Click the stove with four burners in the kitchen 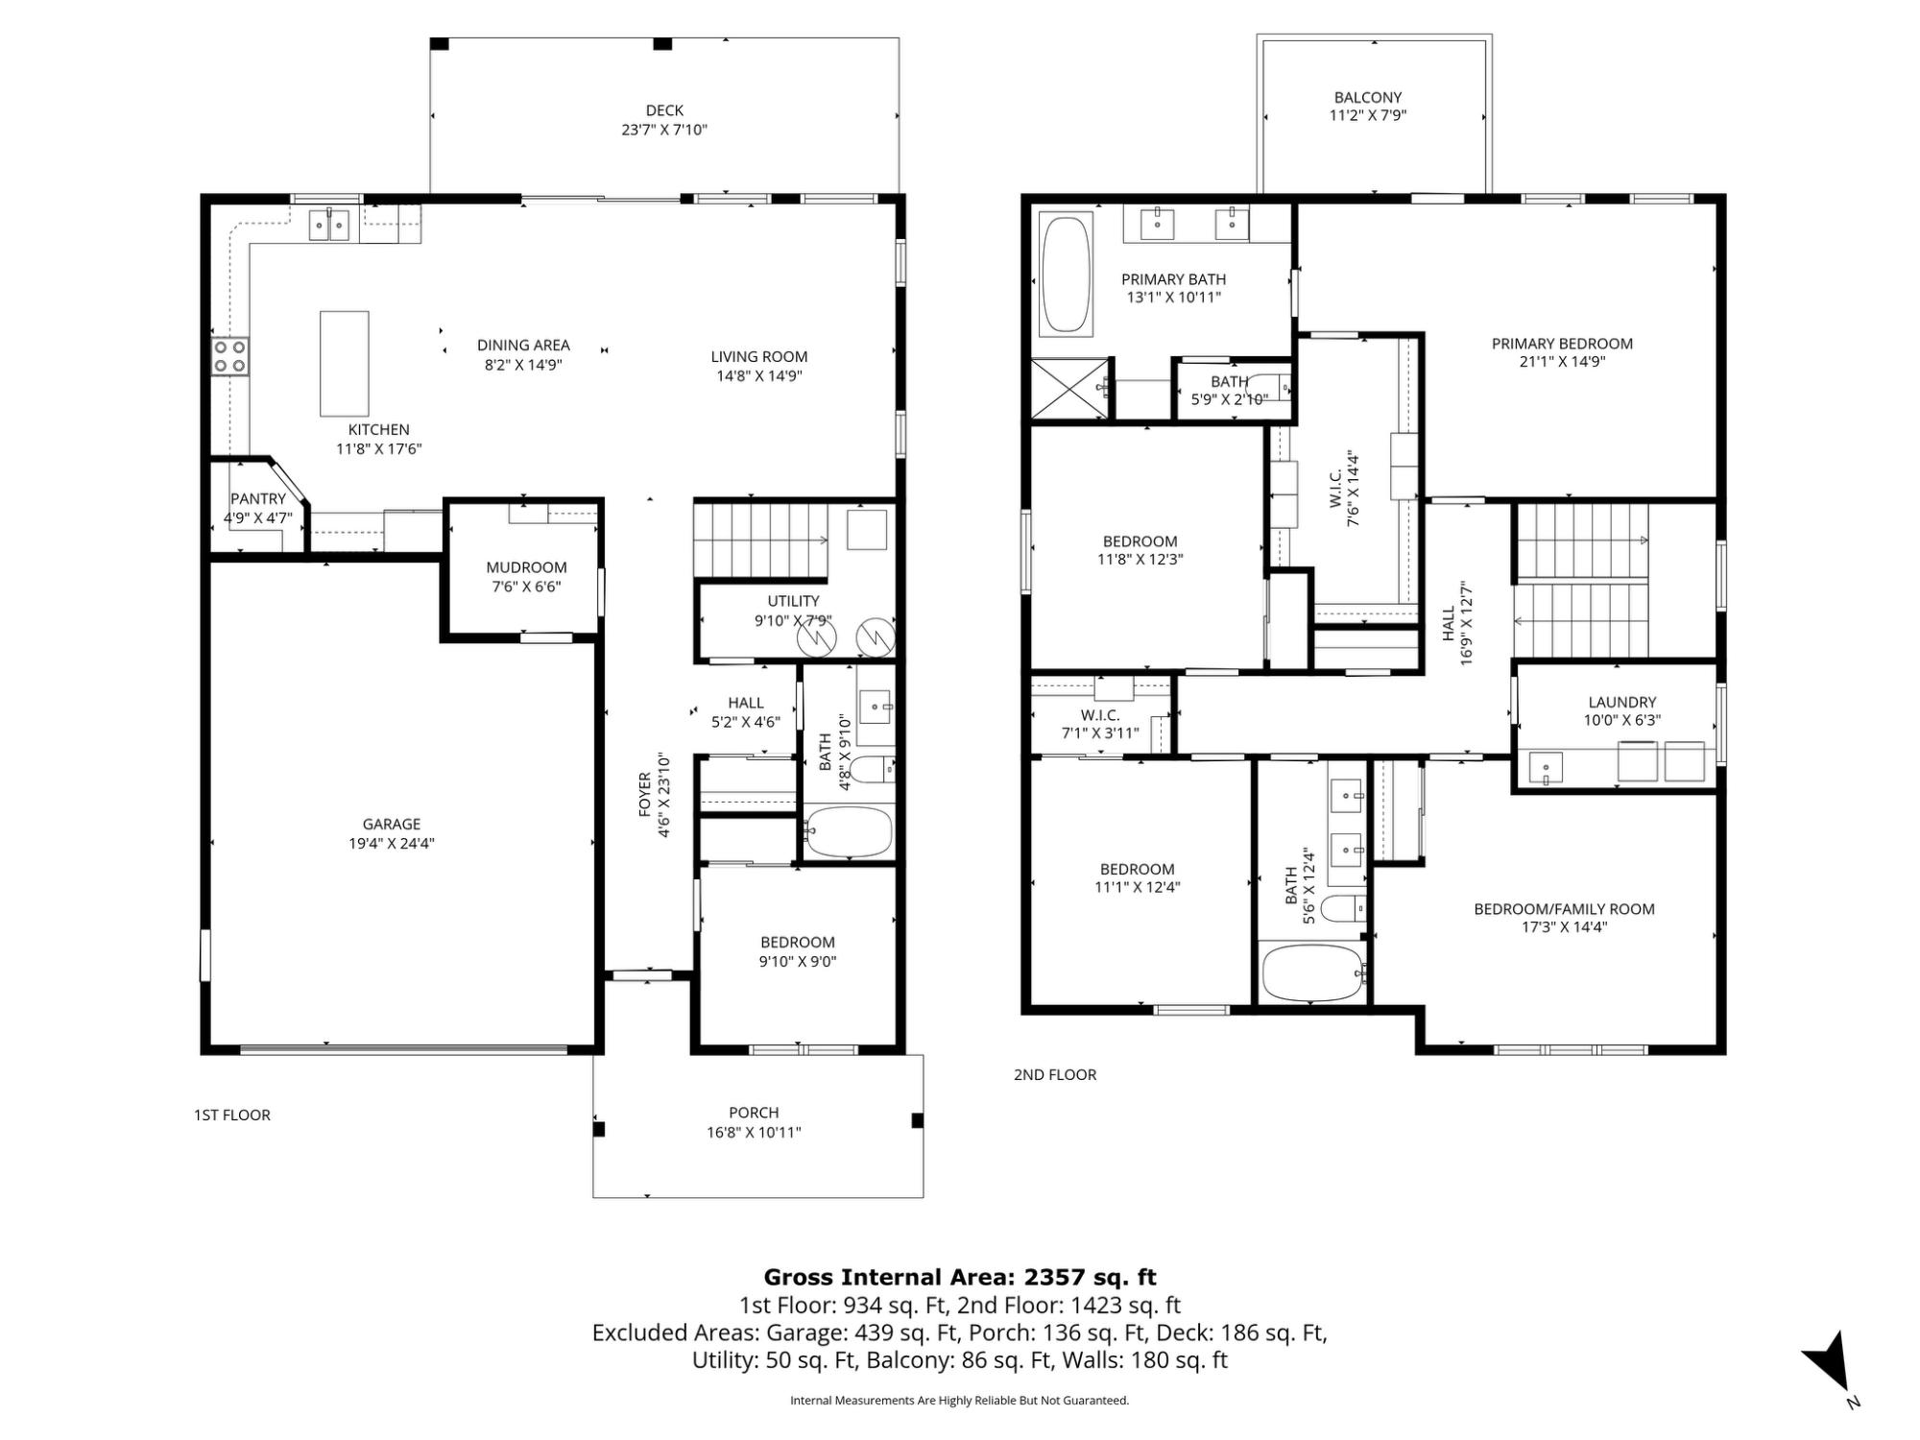click(x=230, y=356)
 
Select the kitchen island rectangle click(x=344, y=363)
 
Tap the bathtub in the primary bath click(x=1066, y=275)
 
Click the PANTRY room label click(x=258, y=499)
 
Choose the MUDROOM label click(x=526, y=567)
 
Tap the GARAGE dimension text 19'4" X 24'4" click(x=392, y=844)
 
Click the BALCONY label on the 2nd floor click(x=1368, y=97)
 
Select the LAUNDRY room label click(x=1622, y=702)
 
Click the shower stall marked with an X click(x=1070, y=388)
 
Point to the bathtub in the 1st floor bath click(x=849, y=831)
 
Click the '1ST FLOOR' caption click(x=232, y=1115)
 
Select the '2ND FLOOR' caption click(x=1055, y=1074)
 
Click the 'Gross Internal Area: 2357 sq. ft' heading click(x=960, y=1277)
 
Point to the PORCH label click(x=754, y=1113)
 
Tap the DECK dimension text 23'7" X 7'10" click(x=664, y=130)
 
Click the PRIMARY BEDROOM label click(x=1562, y=344)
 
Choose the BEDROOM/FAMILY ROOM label click(x=1565, y=909)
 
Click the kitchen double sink click(x=328, y=225)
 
